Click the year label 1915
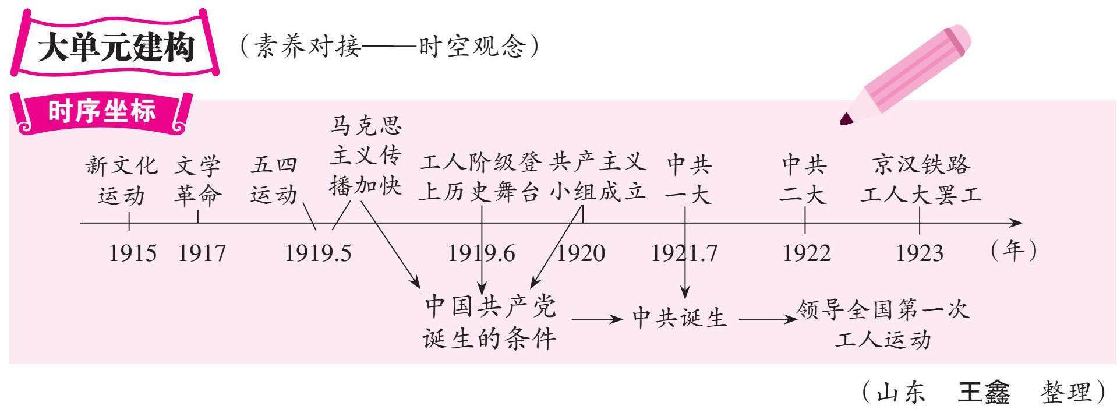[133, 253]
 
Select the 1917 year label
[202, 253]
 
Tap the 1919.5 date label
[318, 253]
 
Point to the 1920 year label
[581, 253]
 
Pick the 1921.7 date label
[684, 253]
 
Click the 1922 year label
[807, 253]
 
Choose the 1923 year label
[919, 253]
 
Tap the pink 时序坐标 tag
[102, 112]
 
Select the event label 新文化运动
[121, 180]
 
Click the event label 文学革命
[197, 180]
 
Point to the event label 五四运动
[274, 179]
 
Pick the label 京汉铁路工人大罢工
[921, 179]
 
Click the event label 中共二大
[804, 179]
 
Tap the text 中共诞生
[680, 318]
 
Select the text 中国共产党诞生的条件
[490, 322]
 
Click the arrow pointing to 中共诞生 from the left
[596, 319]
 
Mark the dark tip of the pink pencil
[846, 119]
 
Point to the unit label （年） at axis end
[1013, 251]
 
